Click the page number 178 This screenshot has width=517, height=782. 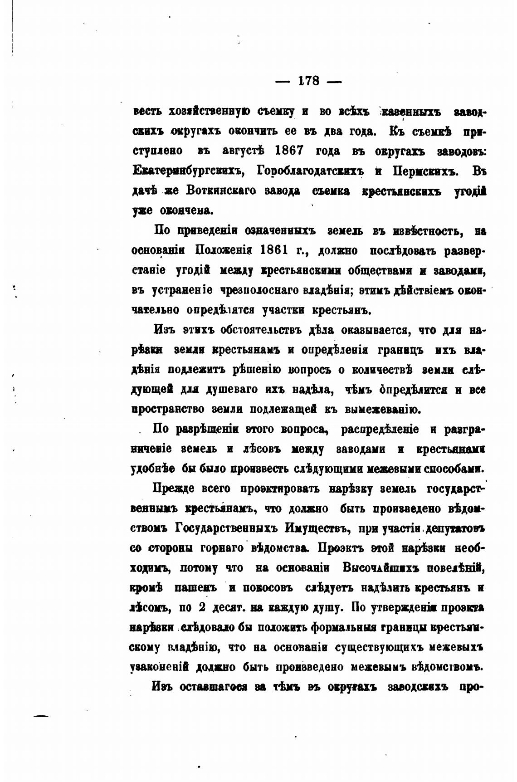click(x=309, y=81)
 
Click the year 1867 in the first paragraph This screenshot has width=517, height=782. click(x=290, y=151)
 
